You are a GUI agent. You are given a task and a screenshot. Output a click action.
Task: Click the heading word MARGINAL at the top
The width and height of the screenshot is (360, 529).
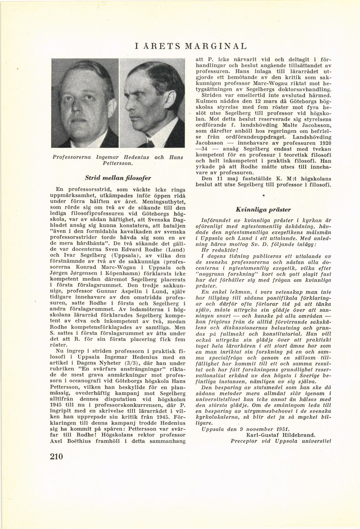[216, 46]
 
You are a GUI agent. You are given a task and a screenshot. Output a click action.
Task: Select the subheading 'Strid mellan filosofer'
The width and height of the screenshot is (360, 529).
[118, 177]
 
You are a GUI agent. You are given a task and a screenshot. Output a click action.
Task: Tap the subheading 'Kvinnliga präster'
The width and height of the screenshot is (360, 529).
[263, 209]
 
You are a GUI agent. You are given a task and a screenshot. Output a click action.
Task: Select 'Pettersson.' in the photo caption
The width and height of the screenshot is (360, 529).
[118, 164]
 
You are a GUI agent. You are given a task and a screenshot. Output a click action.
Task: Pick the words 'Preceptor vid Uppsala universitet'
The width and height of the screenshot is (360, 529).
[281, 440]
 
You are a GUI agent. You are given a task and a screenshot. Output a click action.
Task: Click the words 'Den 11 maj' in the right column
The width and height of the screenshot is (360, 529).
[218, 179]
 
